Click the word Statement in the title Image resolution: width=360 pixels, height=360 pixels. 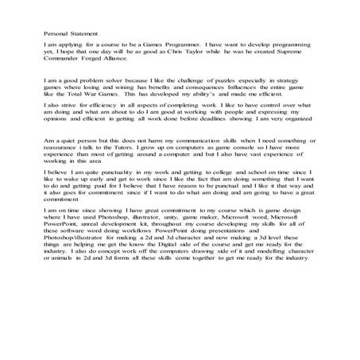coord(82,34)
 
